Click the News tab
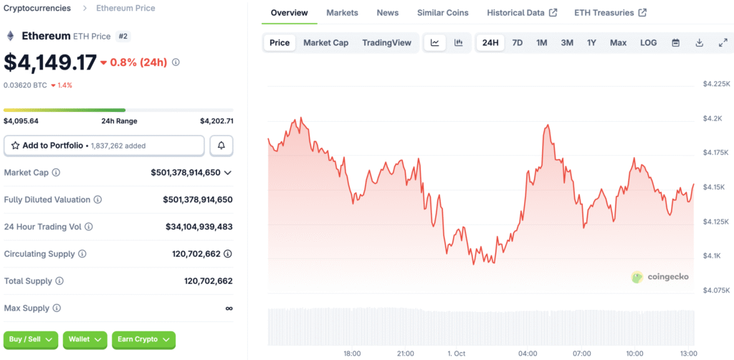388,13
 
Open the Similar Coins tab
443,13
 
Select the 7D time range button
518,42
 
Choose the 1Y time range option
591,42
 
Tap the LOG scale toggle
648,42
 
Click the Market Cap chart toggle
326,42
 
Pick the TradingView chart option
386,42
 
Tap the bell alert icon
221,146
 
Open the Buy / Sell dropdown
30,339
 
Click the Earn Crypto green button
143,339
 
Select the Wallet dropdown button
85,339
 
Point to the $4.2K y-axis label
713,118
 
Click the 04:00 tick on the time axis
528,354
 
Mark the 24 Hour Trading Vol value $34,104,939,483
199,227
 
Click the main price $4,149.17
50,62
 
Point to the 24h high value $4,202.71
216,120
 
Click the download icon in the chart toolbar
700,42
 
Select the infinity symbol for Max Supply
229,308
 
